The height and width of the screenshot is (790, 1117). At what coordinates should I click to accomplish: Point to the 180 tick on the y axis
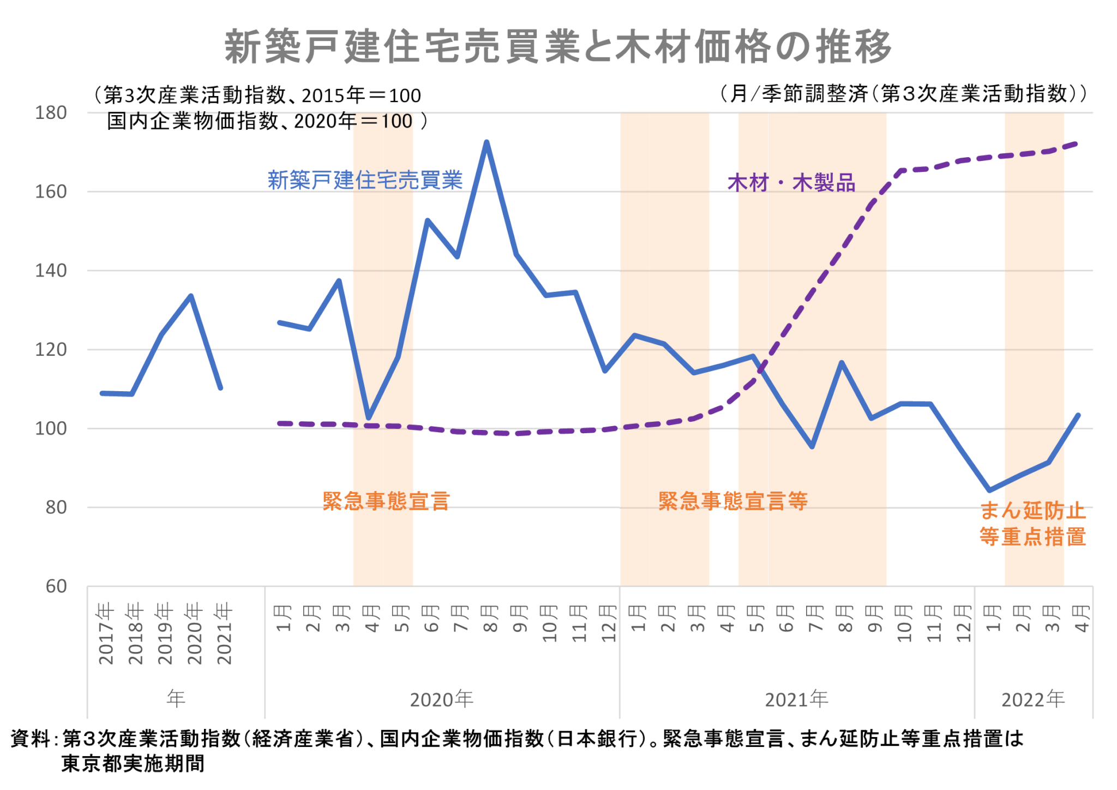tap(51, 113)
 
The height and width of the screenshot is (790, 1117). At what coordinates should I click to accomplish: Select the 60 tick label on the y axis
tap(56, 586)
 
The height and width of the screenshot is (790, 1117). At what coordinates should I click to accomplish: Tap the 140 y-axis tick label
tap(51, 271)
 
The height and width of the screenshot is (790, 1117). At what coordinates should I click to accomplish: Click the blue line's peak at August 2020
tap(487, 142)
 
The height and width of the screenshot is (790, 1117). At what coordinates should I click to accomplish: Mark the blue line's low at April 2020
tap(369, 418)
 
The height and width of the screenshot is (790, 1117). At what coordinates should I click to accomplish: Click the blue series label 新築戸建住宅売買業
tap(365, 180)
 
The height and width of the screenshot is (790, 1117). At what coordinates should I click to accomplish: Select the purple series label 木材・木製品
tap(791, 183)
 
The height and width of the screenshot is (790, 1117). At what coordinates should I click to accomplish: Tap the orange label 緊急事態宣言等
tap(732, 501)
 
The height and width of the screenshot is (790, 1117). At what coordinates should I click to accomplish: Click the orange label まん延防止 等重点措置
tap(1032, 524)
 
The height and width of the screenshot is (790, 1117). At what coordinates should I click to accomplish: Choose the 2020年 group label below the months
tap(441, 699)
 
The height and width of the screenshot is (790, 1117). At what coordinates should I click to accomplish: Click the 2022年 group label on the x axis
tap(1032, 699)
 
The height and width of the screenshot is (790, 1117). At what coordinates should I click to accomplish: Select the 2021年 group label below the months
tap(796, 699)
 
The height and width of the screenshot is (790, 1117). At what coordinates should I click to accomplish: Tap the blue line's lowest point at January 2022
tap(989, 490)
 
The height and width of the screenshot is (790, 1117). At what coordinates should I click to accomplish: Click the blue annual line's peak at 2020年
tap(191, 296)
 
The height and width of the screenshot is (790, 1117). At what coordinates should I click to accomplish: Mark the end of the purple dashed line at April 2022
tap(1078, 143)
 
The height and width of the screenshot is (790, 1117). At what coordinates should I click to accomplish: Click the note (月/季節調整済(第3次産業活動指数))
tap(903, 94)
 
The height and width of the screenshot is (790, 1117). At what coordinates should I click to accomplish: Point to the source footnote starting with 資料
tap(516, 751)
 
